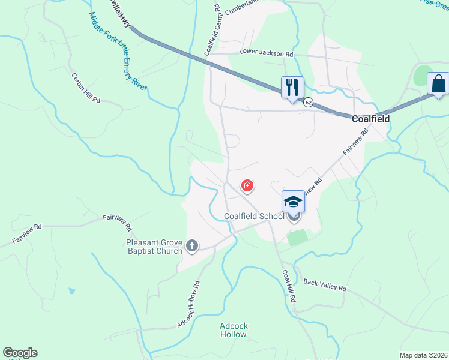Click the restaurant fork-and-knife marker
coord(292,87)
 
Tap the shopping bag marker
coord(438,83)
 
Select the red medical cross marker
coord(247,186)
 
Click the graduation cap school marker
coord(294,202)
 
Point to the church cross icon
coord(192,245)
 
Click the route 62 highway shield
coord(308,103)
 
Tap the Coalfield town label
coord(370,119)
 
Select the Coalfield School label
coord(254,216)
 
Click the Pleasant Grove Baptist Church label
coord(154,247)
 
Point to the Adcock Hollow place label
coord(234,331)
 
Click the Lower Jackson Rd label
coord(266,53)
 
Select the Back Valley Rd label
coord(325,284)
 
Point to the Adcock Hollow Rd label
coord(188,304)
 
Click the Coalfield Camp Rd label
coord(212,30)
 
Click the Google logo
coord(20,353)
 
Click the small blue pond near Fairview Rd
coord(72,291)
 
